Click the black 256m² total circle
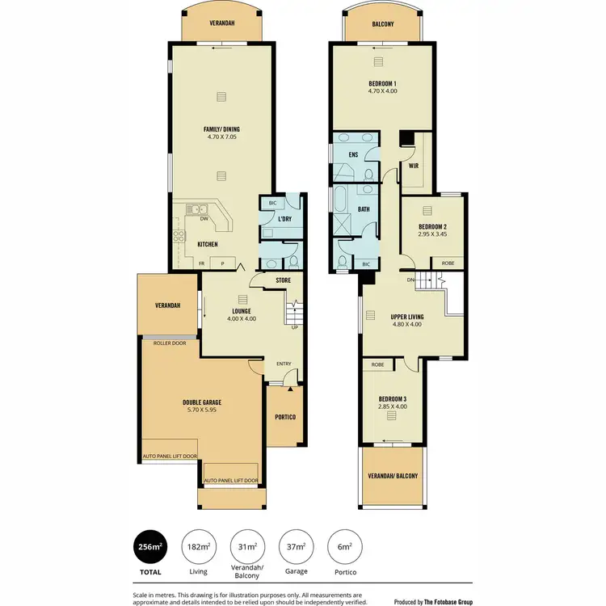[x=149, y=547]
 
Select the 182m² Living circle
[x=198, y=547]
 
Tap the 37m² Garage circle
[x=295, y=547]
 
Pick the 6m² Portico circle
[x=344, y=547]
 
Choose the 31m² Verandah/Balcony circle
[x=246, y=547]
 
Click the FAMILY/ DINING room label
[x=221, y=129]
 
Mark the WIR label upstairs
[x=413, y=166]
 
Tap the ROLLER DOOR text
[x=169, y=343]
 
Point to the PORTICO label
[x=284, y=417]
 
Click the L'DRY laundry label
[x=284, y=220]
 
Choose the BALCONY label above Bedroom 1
[x=383, y=24]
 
